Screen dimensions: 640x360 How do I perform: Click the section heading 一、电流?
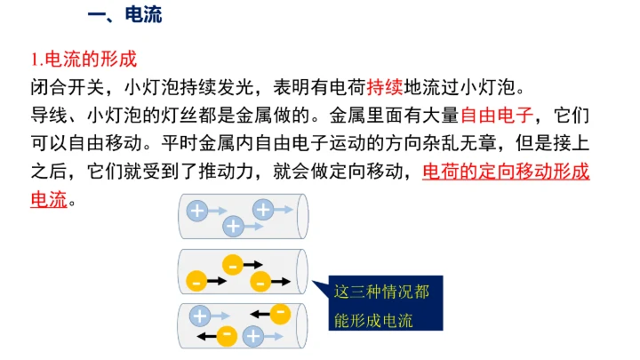pyautogui.click(x=125, y=15)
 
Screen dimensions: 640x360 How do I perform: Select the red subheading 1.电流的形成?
pyautogui.click(x=84, y=60)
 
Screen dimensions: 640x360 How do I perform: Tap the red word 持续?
pyautogui.click(x=385, y=87)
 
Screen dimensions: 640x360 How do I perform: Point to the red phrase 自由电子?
pyautogui.click(x=497, y=116)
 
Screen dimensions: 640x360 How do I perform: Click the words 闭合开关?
pyautogui.click(x=68, y=87)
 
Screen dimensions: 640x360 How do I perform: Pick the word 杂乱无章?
pyautogui.click(x=460, y=143)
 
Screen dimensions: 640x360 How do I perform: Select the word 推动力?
pyautogui.click(x=227, y=172)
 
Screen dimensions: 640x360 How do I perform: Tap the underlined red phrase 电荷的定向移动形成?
pyautogui.click(x=506, y=172)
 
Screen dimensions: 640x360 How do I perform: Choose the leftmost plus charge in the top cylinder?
pyautogui.click(x=197, y=211)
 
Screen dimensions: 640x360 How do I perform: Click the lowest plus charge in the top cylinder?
pyautogui.click(x=233, y=226)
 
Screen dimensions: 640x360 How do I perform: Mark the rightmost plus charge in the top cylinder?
pyautogui.click(x=263, y=210)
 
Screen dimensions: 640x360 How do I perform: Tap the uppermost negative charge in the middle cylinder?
pyautogui.click(x=233, y=265)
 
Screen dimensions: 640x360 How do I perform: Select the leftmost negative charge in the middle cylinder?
pyautogui.click(x=196, y=281)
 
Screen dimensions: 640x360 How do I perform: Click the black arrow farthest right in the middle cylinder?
pyautogui.click(x=281, y=281)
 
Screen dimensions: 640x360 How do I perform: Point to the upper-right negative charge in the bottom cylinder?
pyautogui.click(x=280, y=314)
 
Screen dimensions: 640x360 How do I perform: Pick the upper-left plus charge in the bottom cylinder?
pyautogui.click(x=200, y=316)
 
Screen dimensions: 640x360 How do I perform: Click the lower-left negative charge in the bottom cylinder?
pyautogui.click(x=227, y=337)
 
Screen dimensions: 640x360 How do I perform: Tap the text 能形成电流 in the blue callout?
pyautogui.click(x=373, y=321)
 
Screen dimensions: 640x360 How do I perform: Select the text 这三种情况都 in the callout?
pyautogui.click(x=381, y=292)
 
